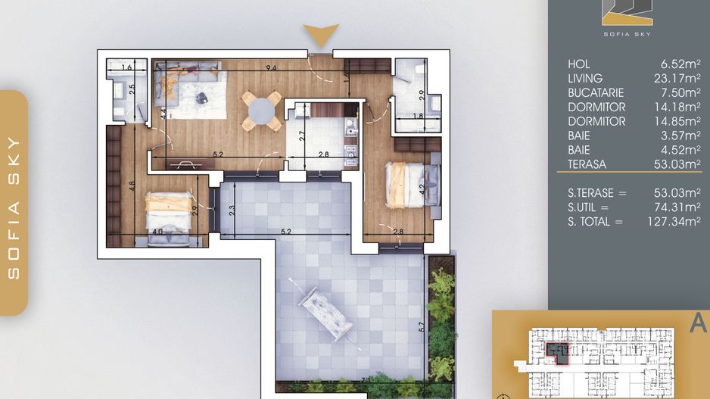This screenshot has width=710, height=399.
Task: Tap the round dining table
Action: click(x=261, y=111)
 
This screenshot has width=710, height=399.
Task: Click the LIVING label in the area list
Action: click(x=585, y=78)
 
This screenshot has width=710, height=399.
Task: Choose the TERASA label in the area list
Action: click(x=587, y=164)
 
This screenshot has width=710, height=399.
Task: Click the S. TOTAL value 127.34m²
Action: click(x=674, y=222)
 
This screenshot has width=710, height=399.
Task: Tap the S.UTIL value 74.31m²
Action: click(x=677, y=207)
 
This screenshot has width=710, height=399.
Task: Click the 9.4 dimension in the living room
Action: click(x=271, y=68)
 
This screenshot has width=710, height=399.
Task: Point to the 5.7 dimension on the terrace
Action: click(x=422, y=326)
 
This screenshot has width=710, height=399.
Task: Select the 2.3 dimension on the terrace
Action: click(x=232, y=210)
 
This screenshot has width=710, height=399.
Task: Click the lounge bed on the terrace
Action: click(x=325, y=313)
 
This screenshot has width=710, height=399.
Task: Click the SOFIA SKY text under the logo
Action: click(x=627, y=34)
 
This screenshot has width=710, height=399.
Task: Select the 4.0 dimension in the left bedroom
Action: click(x=157, y=232)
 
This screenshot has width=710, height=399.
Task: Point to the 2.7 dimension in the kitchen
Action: click(x=302, y=136)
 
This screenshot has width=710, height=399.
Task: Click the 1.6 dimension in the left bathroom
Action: click(x=126, y=67)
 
